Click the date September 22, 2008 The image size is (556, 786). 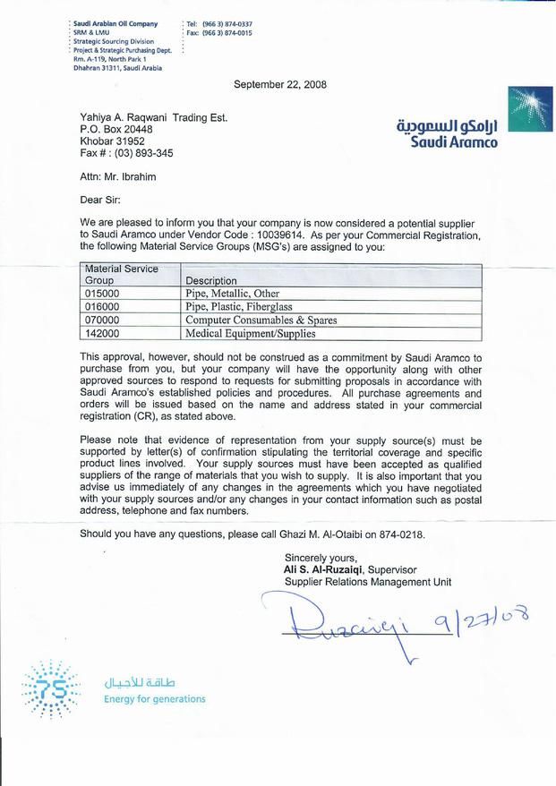click(x=280, y=85)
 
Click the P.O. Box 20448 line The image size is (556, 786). click(x=116, y=128)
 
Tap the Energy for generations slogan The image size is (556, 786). click(x=154, y=698)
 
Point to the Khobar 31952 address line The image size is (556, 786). click(x=112, y=141)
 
